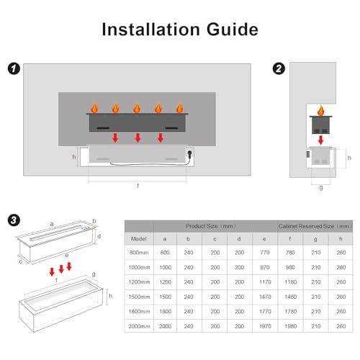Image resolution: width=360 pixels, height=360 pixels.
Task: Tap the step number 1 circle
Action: point(12,69)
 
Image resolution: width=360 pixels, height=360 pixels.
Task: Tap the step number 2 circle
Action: point(279,69)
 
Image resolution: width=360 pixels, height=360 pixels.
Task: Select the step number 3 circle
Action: point(12,217)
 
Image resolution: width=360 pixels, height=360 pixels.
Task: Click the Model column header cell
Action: point(139,238)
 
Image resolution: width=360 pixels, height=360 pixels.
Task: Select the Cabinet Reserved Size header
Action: point(315,225)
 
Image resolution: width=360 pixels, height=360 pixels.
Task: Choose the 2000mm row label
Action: point(139,327)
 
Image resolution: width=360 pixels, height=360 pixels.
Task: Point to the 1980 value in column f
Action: point(291,327)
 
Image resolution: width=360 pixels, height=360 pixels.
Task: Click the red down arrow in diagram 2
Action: point(320,140)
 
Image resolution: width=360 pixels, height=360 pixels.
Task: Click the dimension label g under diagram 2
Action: point(320,189)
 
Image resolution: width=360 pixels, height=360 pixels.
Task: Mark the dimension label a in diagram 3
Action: point(52,224)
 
